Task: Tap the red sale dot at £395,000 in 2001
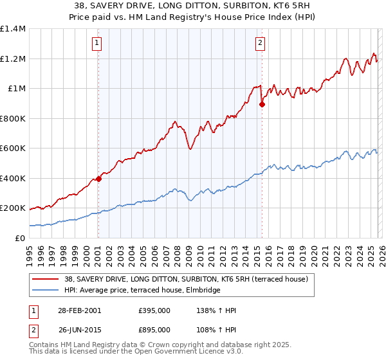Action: [x=98, y=179]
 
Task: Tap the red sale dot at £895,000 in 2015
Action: [x=262, y=104]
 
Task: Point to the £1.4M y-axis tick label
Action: [x=13, y=29]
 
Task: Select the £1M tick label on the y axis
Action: [x=16, y=89]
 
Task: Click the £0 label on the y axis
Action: [x=19, y=238]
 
